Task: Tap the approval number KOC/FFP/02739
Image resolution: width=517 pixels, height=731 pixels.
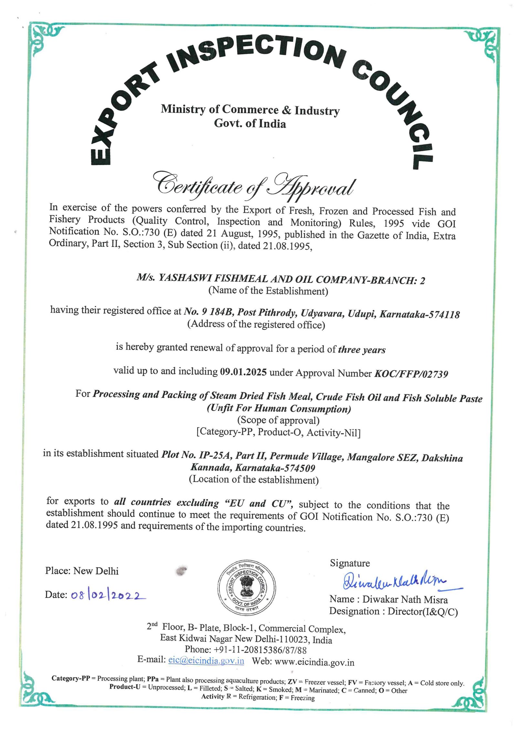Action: (x=411, y=374)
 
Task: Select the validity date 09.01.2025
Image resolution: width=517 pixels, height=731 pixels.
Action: (x=243, y=372)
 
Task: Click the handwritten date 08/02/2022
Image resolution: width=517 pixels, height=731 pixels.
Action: (x=106, y=595)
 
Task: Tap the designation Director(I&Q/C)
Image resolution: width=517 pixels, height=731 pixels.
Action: (x=423, y=612)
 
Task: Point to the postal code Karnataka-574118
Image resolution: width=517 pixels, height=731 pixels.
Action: (x=419, y=314)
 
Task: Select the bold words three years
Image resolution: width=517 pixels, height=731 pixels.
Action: (x=362, y=350)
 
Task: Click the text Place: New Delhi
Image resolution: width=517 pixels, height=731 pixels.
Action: (x=82, y=571)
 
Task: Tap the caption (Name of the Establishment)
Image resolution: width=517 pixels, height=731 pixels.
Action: (x=268, y=291)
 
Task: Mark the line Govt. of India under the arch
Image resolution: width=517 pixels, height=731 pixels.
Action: (x=250, y=123)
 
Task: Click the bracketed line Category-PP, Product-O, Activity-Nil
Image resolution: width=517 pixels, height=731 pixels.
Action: (x=278, y=432)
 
